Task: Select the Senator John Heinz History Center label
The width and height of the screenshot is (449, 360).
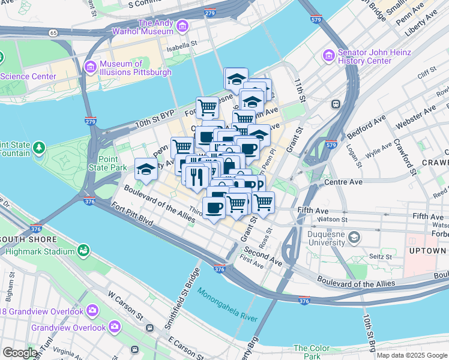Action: pyautogui.click(x=374, y=56)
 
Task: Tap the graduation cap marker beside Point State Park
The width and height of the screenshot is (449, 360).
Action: pyautogui.click(x=146, y=170)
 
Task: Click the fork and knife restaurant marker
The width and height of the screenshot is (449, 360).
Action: pyautogui.click(x=197, y=176)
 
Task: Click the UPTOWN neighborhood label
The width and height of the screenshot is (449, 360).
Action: pyautogui.click(x=427, y=250)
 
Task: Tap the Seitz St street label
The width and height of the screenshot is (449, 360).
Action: pyautogui.click(x=379, y=256)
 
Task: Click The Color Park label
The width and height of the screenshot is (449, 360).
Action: pyautogui.click(x=312, y=352)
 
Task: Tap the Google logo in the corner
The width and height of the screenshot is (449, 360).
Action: pyautogui.click(x=19, y=353)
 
